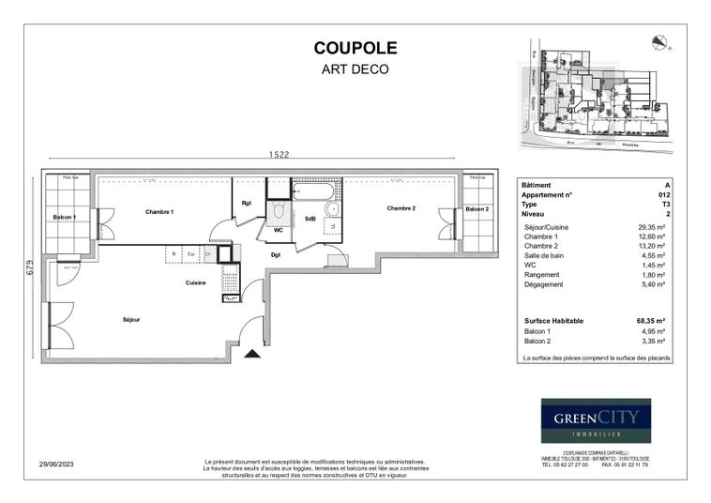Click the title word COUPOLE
click(x=355, y=49)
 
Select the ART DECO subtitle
click(x=355, y=69)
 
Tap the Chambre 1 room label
click(x=159, y=212)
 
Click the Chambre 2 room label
click(x=401, y=208)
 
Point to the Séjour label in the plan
click(x=131, y=320)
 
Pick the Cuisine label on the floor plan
click(x=195, y=282)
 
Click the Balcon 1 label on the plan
click(x=65, y=217)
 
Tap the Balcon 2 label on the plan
click(x=477, y=209)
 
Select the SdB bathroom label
click(x=310, y=219)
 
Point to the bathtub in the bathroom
click(x=310, y=193)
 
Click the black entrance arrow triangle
click(x=251, y=354)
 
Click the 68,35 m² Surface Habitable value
click(x=650, y=321)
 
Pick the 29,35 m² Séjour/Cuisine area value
click(x=650, y=226)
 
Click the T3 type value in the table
click(x=666, y=204)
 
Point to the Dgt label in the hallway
click(x=276, y=254)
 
